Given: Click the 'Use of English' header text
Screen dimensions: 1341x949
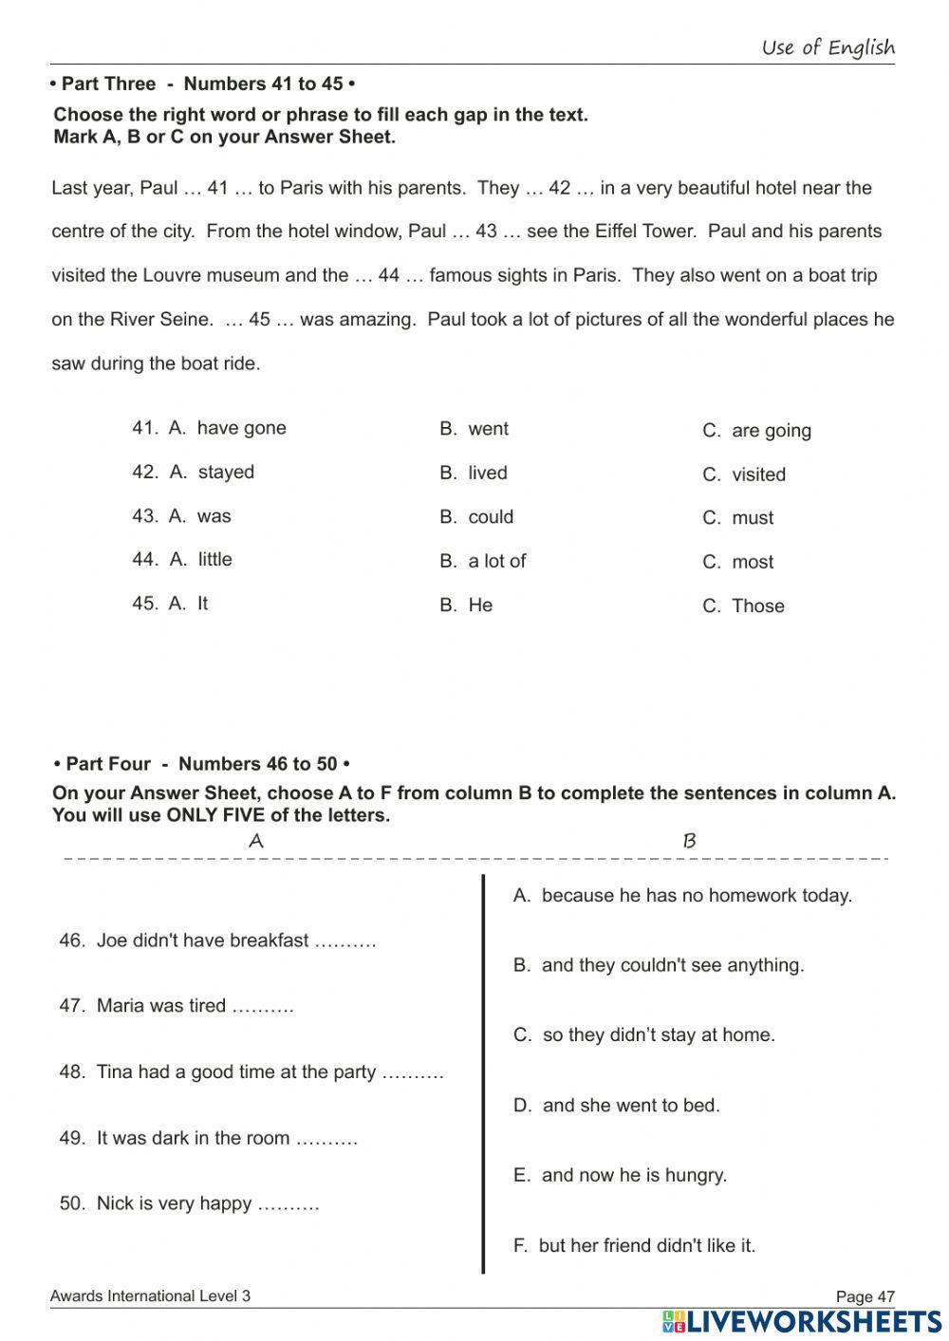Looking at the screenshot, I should coord(828,47).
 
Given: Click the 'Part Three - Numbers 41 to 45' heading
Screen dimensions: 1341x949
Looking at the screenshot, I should coord(202,84).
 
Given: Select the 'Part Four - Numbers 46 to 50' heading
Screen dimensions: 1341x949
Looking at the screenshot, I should coord(202,764).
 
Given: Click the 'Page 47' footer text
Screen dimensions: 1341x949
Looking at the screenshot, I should coord(865,1296).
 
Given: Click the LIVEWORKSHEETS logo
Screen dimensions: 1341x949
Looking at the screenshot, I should coord(802,1322).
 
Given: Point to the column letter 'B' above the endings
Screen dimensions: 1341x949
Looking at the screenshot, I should coord(690,841).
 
